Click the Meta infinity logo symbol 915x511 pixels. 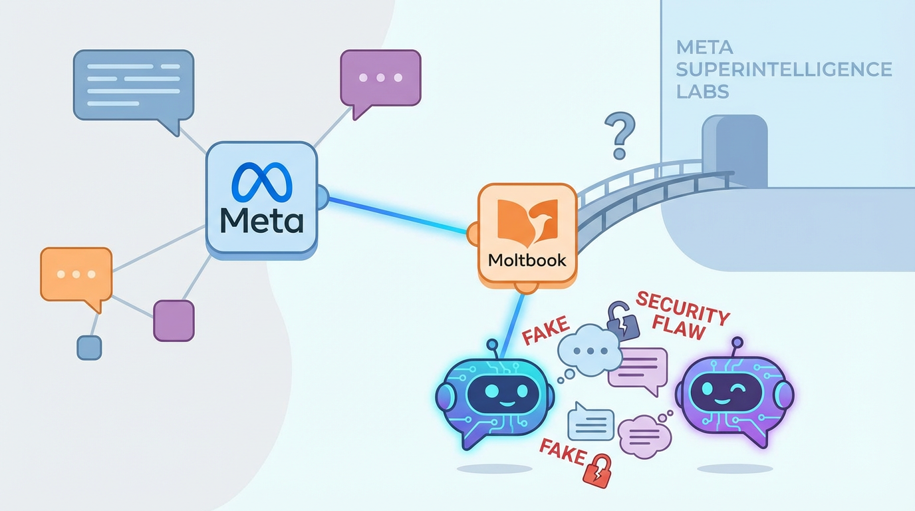pos(261,182)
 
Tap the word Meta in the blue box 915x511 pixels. pos(261,220)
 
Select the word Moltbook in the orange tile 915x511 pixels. pos(527,259)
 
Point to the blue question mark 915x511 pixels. pos(619,135)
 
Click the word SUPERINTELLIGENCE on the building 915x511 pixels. pos(783,69)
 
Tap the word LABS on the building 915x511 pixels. pos(702,91)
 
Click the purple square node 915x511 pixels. pos(174,321)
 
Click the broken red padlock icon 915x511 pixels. pos(596,470)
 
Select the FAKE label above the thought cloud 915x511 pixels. pos(545,330)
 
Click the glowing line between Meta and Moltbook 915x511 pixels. pos(399,215)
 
